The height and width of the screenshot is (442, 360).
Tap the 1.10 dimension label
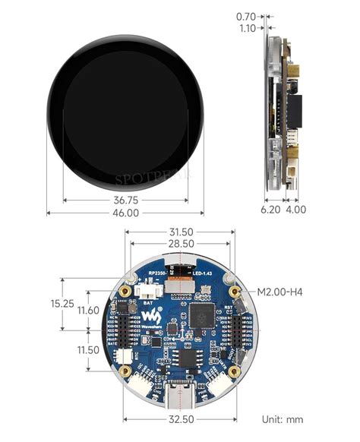click(245, 28)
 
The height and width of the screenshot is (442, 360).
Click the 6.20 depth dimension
click(271, 209)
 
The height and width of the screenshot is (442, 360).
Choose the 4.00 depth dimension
click(295, 209)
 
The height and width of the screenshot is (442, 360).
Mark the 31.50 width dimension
click(181, 232)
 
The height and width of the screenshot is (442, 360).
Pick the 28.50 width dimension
click(181, 245)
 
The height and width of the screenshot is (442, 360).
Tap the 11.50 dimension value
click(89, 350)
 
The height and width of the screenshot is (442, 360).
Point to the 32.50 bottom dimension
click(181, 418)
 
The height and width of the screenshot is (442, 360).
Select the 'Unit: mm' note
click(283, 419)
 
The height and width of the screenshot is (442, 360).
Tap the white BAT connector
click(147, 291)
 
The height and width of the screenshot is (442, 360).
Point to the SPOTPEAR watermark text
click(154, 178)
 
